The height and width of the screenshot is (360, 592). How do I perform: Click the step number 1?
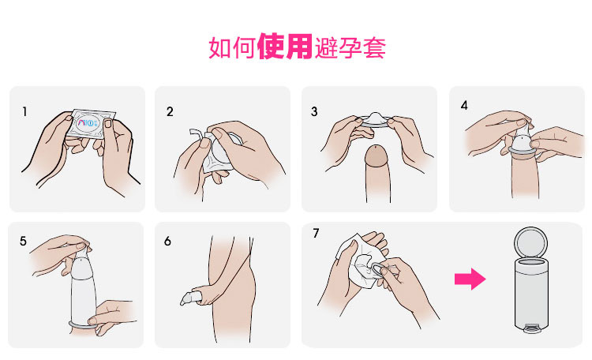pos(24,112)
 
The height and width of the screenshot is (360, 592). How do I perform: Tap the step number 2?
pos(170,112)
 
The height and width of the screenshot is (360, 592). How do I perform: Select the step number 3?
pos(314,112)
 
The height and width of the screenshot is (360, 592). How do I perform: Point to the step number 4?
pos(464,105)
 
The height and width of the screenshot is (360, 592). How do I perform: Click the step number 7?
pos(316,234)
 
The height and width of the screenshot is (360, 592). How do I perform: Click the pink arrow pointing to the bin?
pos(470,279)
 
